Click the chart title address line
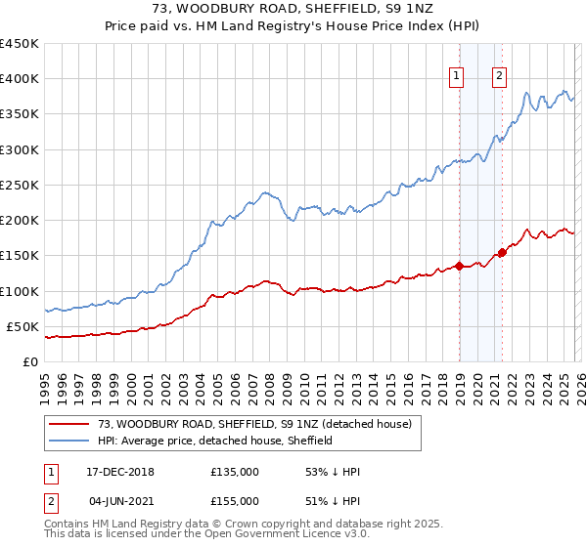(293, 9)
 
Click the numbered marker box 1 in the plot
(457, 78)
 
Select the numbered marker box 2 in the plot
(500, 78)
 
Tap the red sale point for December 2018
(459, 266)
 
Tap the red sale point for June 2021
(502, 252)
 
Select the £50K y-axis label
(23, 326)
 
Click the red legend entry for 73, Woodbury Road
(254, 424)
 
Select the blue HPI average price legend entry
(215, 441)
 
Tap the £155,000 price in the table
(235, 501)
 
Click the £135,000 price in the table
(235, 472)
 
